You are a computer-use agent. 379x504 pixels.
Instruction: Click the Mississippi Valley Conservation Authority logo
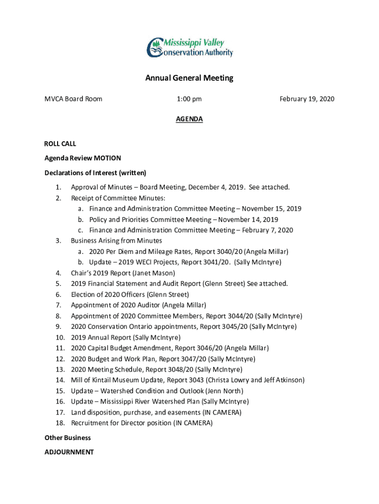(x=189, y=47)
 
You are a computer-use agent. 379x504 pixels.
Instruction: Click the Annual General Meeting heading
(x=189, y=78)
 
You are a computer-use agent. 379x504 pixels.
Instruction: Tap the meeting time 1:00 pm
(x=189, y=99)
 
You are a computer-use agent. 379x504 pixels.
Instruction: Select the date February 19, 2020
(x=307, y=99)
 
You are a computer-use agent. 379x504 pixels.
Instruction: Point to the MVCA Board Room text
(x=73, y=99)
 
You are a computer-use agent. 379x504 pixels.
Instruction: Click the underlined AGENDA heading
(x=189, y=119)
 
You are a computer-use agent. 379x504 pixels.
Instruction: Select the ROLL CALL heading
(x=60, y=144)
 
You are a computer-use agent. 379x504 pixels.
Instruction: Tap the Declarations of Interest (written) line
(x=95, y=173)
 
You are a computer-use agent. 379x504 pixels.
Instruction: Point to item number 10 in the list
(x=60, y=337)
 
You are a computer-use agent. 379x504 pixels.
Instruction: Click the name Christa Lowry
(x=229, y=380)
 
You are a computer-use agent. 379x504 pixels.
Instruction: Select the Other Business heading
(x=67, y=438)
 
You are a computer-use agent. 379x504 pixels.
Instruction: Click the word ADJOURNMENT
(x=69, y=452)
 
